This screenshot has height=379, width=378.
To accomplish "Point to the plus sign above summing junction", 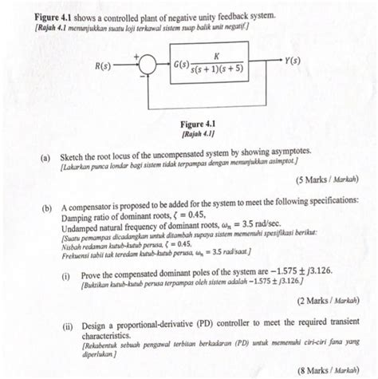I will pos(136,57).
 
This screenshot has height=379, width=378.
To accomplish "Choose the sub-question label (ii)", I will pos(67,327).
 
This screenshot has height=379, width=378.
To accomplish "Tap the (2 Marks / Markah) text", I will pos(328,303).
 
